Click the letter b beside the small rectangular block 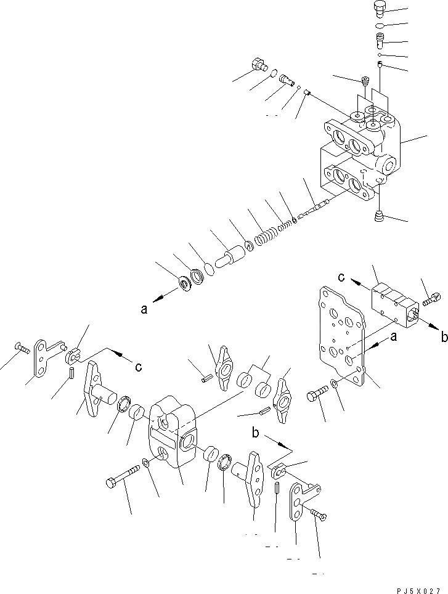(442, 336)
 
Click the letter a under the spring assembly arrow (144, 311)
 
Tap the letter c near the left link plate (139, 367)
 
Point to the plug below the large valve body (380, 217)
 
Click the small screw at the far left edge (22, 349)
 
